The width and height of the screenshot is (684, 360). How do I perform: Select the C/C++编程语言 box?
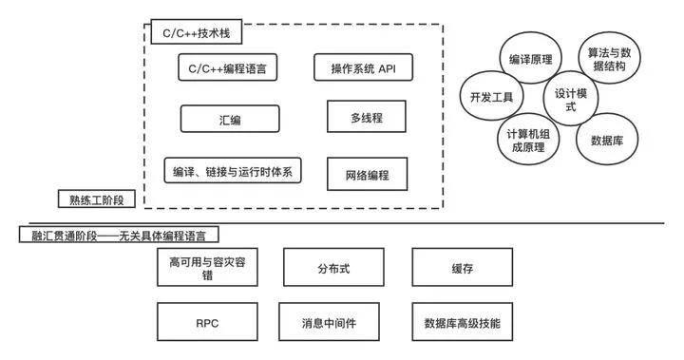[x=228, y=68]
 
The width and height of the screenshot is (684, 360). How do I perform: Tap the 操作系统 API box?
[x=360, y=68]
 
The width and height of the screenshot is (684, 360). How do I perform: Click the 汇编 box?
[x=230, y=119]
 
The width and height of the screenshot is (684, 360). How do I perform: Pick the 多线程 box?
[x=366, y=118]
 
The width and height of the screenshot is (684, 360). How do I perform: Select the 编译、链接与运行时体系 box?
[x=232, y=170]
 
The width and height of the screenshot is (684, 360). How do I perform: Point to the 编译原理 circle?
[x=531, y=60]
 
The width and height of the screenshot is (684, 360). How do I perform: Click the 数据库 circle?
[x=606, y=140]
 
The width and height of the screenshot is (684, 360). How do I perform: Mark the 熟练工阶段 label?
[x=97, y=199]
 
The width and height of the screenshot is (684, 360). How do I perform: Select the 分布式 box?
[x=333, y=268]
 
